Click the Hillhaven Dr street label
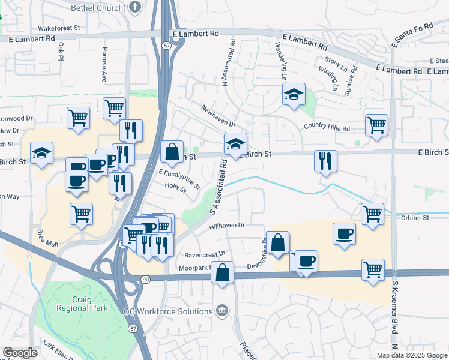tap(228, 226)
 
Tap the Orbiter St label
tap(415, 218)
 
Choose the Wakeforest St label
tap(59, 28)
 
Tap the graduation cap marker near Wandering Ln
tap(293, 95)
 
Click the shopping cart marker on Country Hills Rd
tap(376, 126)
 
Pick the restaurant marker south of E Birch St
tap(325, 161)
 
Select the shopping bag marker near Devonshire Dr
tap(278, 243)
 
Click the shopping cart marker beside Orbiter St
tap(372, 214)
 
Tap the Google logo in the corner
tap(20, 353)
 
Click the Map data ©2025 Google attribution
tap(411, 355)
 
